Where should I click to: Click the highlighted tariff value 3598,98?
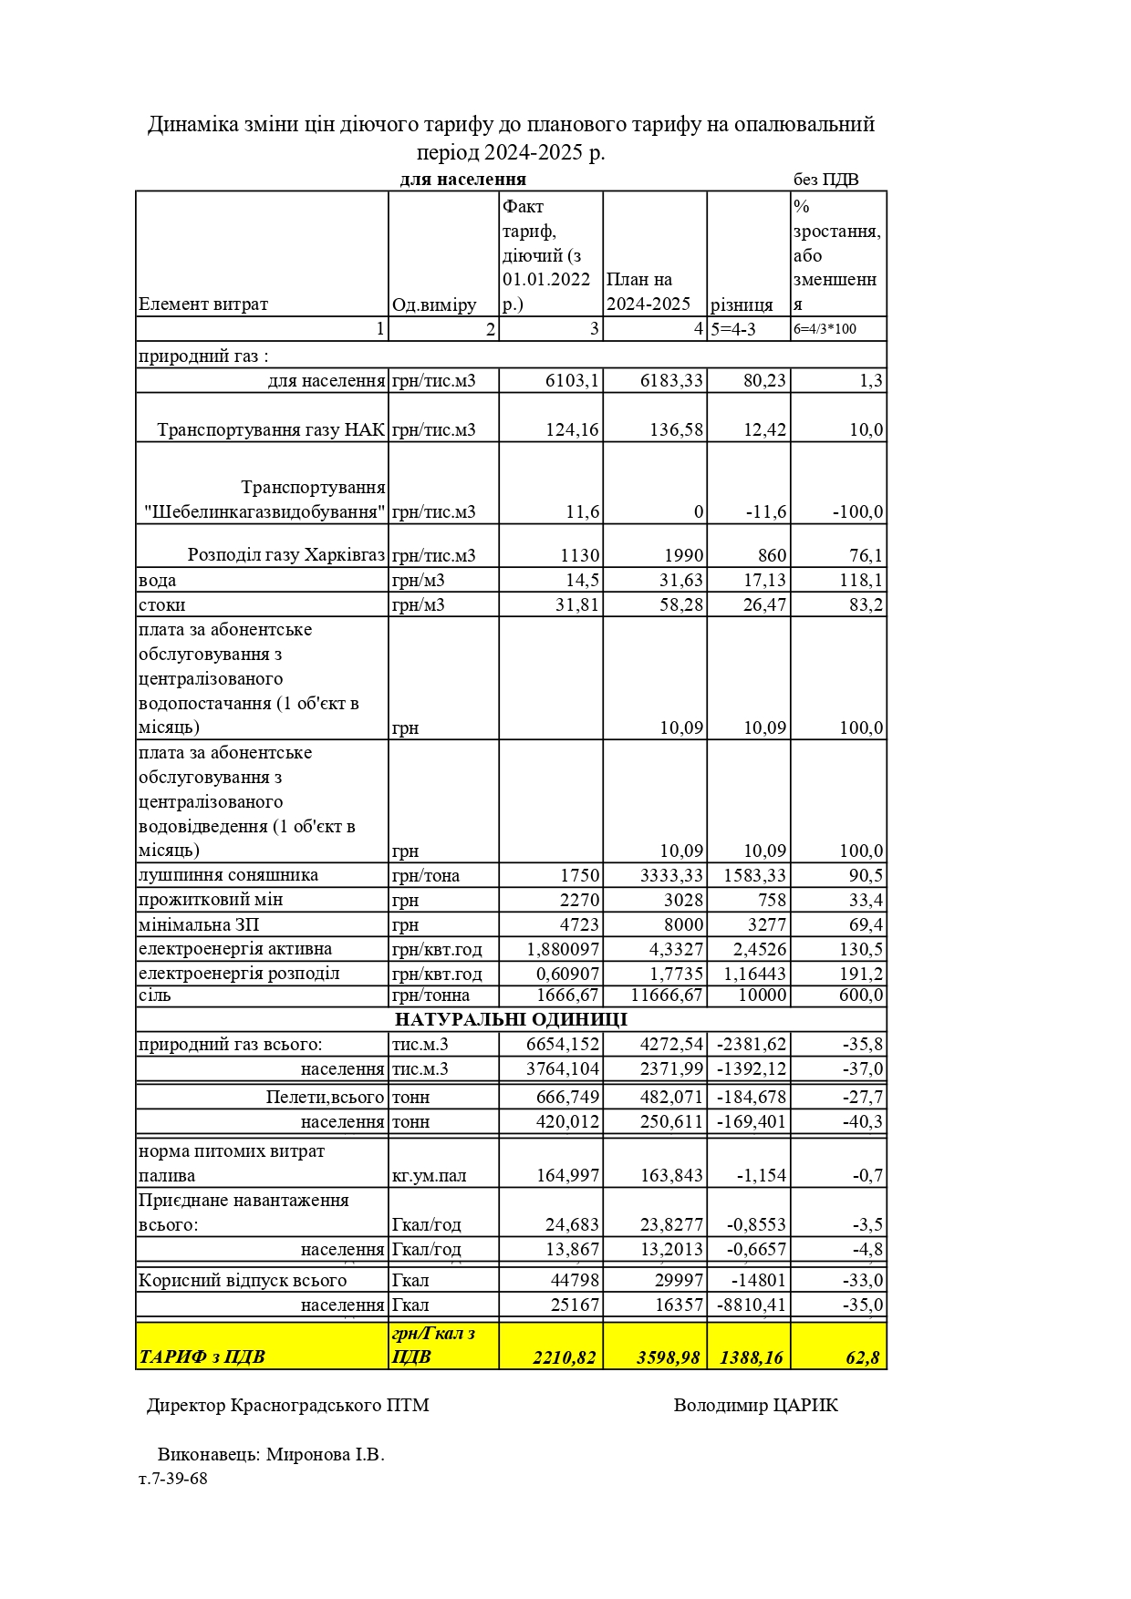click(x=668, y=1357)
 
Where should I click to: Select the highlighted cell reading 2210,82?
click(x=564, y=1357)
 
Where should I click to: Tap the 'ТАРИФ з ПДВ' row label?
click(x=202, y=1357)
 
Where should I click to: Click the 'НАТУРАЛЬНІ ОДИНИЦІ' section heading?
click(x=511, y=1019)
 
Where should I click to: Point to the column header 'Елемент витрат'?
click(x=203, y=304)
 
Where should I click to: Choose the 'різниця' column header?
click(x=742, y=304)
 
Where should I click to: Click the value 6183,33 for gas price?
click(x=671, y=380)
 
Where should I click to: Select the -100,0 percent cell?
click(x=857, y=511)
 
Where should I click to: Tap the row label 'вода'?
click(x=158, y=581)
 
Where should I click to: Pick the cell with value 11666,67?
click(x=667, y=995)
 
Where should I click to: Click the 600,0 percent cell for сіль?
click(x=861, y=995)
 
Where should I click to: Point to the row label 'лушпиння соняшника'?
click(x=228, y=875)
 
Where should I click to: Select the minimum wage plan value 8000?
click(x=682, y=924)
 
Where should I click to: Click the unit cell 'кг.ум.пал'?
click(x=429, y=1175)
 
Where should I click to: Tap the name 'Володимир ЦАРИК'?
click(x=755, y=1405)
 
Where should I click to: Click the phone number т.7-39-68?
click(x=173, y=1479)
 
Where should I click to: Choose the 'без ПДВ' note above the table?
click(x=825, y=180)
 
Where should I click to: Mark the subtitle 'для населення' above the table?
click(x=462, y=179)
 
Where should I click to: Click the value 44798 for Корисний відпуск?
click(x=575, y=1280)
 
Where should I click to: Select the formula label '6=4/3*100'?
click(x=825, y=329)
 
